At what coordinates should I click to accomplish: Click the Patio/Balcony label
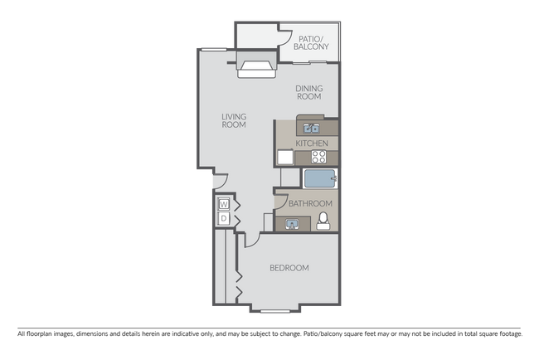(311, 42)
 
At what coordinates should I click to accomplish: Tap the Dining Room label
(309, 91)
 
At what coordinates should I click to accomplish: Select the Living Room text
(235, 121)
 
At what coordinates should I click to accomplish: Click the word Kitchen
(312, 144)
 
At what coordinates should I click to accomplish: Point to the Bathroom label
(312, 203)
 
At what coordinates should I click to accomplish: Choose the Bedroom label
(289, 268)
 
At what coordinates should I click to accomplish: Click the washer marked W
(224, 204)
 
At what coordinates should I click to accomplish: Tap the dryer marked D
(224, 218)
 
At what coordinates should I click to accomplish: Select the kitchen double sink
(313, 128)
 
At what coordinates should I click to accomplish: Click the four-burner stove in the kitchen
(319, 157)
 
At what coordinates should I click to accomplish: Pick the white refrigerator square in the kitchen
(285, 157)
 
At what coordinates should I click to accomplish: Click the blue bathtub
(319, 178)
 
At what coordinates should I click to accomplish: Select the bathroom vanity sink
(293, 222)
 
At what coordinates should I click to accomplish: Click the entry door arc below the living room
(218, 180)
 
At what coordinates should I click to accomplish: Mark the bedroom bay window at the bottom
(273, 310)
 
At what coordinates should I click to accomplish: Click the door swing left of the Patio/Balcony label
(281, 40)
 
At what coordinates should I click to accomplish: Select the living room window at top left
(214, 51)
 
